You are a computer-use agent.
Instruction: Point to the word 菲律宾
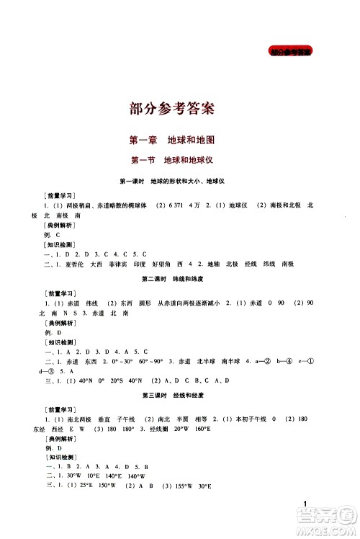(x=120, y=264)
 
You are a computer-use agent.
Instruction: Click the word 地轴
(x=215, y=264)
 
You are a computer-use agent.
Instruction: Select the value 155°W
(x=179, y=487)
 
